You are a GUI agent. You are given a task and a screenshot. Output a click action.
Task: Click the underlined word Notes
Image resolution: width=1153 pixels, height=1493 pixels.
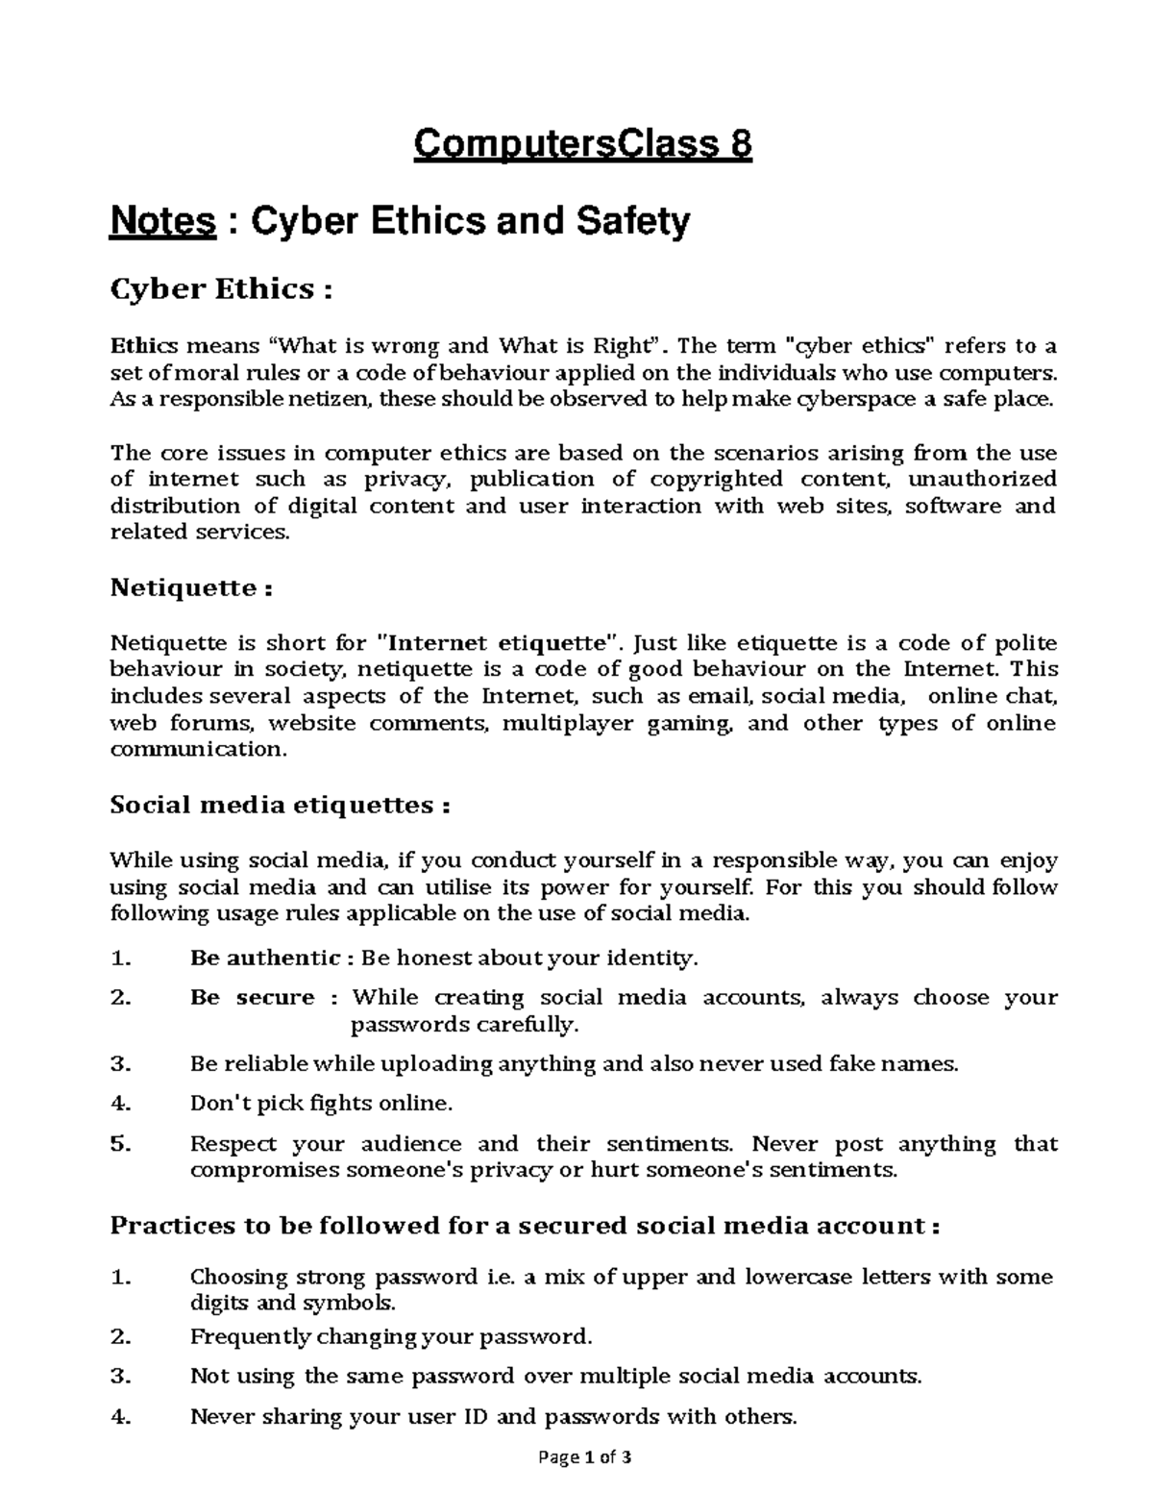162,222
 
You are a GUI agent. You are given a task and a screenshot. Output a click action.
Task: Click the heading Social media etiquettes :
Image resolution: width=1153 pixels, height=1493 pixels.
280,805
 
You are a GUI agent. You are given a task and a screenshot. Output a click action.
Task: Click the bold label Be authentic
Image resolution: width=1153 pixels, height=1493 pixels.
265,958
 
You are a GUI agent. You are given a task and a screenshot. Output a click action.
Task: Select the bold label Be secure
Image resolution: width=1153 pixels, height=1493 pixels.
253,997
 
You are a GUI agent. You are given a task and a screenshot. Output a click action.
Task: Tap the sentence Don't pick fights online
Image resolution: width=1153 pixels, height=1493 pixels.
321,1104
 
